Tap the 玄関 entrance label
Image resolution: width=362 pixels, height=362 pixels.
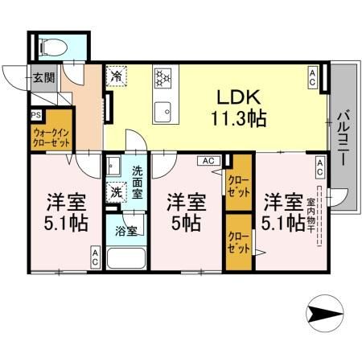[43, 78]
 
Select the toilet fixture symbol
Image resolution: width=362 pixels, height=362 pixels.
[54, 46]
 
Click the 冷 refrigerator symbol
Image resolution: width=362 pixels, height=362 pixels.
[117, 78]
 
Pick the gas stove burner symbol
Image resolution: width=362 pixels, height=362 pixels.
[163, 78]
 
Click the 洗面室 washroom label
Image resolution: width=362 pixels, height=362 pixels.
[138, 181]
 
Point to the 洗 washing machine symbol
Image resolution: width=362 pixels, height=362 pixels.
[117, 192]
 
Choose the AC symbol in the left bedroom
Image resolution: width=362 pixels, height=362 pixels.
[96, 257]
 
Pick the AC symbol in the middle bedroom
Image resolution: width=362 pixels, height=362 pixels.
[208, 161]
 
